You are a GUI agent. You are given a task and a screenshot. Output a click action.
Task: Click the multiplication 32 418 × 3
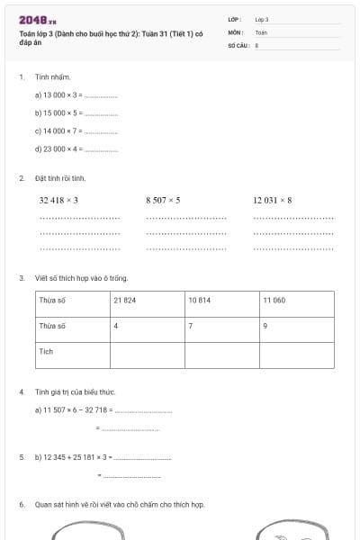(x=59, y=200)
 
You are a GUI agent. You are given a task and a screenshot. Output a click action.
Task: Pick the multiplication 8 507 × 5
(x=163, y=200)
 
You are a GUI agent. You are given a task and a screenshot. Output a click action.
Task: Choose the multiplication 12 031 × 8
(x=273, y=200)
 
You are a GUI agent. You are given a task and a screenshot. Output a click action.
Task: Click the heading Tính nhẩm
(x=52, y=77)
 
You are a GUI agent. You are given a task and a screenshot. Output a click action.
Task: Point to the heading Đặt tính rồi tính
(x=60, y=178)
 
